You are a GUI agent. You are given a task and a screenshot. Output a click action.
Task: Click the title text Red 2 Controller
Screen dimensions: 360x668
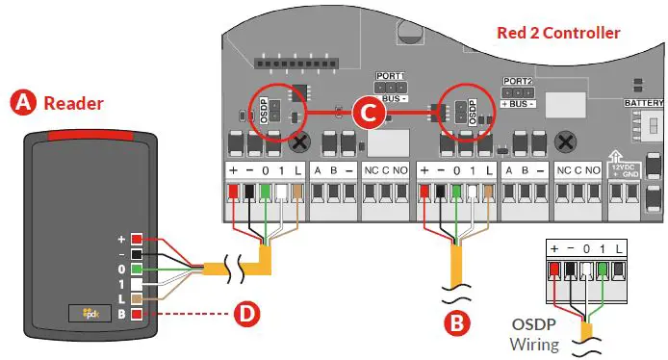pyautogui.click(x=558, y=33)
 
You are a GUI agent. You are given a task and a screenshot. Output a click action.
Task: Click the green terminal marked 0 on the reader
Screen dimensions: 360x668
pyautogui.click(x=139, y=270)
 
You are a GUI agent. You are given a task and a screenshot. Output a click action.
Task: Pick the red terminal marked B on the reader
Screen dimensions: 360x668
pyautogui.click(x=139, y=314)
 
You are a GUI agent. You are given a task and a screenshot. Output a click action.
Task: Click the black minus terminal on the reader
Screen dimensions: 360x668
pyautogui.click(x=139, y=254)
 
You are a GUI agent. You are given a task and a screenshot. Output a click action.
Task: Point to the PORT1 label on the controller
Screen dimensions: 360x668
pyautogui.click(x=390, y=75)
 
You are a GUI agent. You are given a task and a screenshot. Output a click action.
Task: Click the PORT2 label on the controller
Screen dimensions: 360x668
pyautogui.click(x=517, y=82)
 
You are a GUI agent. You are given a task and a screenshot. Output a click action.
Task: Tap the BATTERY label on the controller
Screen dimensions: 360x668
pyautogui.click(x=644, y=101)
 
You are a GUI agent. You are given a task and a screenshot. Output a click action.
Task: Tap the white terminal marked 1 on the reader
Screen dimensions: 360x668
pyautogui.click(x=139, y=285)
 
